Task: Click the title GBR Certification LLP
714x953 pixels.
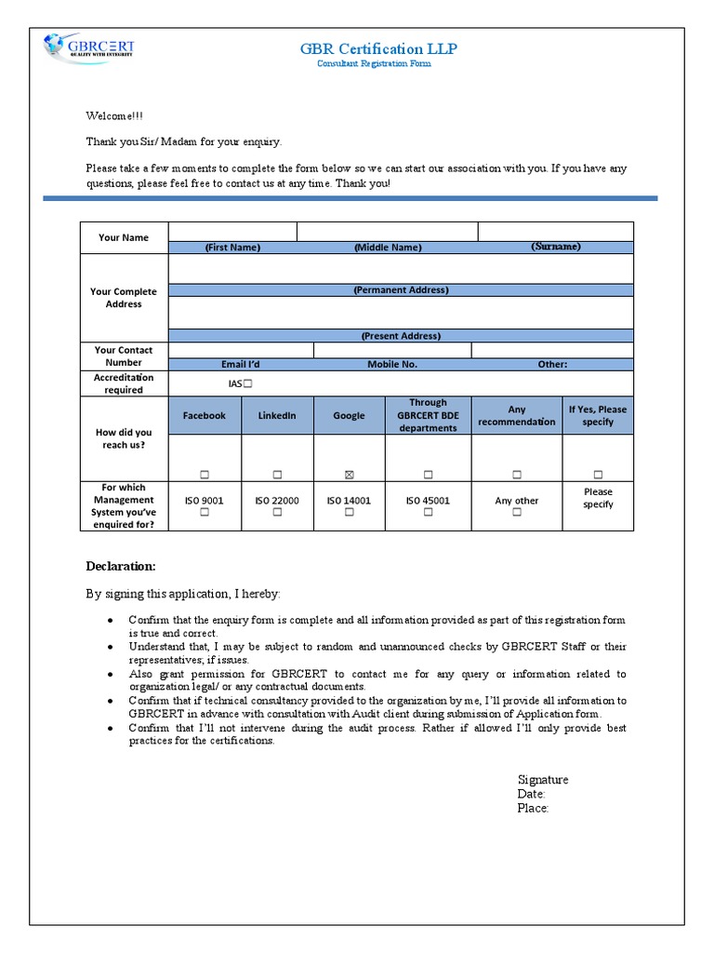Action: pos(377,48)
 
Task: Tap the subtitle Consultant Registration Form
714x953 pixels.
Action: pos(374,64)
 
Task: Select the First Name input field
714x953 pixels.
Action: pos(232,231)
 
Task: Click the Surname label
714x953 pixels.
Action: pos(556,247)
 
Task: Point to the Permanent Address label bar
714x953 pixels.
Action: pos(401,289)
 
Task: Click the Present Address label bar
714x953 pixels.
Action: pos(401,335)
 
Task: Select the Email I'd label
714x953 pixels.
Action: pos(241,364)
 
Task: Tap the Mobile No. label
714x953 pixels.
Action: pos(392,364)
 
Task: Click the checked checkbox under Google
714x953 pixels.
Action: pos(350,475)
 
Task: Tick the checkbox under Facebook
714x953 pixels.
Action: pos(205,475)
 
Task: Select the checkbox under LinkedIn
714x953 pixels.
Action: pos(277,475)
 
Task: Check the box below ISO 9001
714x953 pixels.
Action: pos(205,513)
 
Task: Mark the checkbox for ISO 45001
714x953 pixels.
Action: pos(428,513)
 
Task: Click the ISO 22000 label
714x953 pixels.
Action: pos(277,501)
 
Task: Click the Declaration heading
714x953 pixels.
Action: pos(121,566)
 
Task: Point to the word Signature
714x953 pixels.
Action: pos(543,780)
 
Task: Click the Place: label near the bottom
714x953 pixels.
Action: pos(533,808)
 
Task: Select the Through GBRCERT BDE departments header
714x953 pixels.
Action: pos(428,415)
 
